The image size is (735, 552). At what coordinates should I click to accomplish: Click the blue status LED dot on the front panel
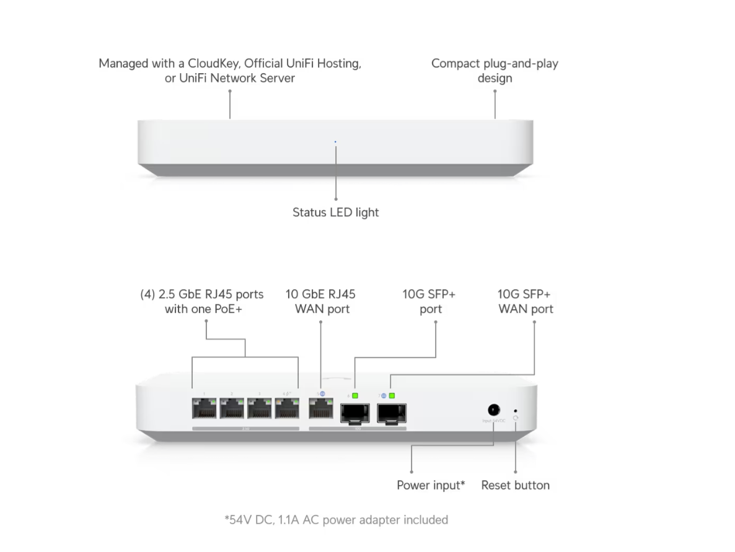point(335,142)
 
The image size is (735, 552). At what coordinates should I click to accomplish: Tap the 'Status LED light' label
point(335,212)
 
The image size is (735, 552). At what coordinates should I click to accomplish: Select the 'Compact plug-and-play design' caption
point(495,71)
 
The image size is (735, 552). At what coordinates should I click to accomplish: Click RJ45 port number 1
point(205,410)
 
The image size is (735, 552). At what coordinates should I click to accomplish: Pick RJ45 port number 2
point(232,410)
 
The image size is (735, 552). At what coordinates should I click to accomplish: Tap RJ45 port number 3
point(259,410)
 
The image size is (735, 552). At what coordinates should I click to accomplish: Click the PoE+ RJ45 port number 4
point(286,410)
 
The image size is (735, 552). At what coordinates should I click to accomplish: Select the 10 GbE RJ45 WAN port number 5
point(320,410)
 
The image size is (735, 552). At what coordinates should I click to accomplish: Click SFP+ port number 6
point(354,412)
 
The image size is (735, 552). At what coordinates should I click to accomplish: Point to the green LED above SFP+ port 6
point(356,395)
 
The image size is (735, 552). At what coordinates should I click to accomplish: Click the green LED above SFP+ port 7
point(392,395)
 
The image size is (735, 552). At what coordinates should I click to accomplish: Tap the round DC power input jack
point(494,410)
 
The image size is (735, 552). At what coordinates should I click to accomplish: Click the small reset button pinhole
point(516,410)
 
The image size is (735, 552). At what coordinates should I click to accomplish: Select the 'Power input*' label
point(431,485)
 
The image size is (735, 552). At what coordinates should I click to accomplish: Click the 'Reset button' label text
point(515,485)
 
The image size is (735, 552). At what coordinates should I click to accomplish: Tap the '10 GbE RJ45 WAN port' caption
point(320,301)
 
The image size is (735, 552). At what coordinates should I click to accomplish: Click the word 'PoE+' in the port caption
point(227,309)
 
